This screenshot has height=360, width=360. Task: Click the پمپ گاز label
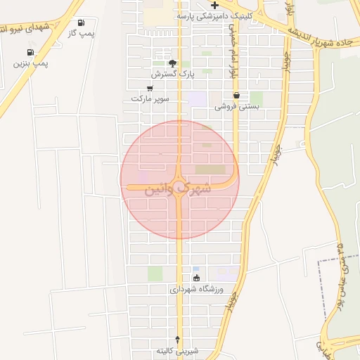[x=82, y=33]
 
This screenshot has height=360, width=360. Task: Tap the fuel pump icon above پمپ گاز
[x=82, y=22]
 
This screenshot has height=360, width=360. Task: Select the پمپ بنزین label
[x=31, y=63]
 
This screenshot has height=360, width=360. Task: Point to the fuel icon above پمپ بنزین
[x=30, y=52]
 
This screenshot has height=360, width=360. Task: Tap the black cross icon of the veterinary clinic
[x=214, y=5]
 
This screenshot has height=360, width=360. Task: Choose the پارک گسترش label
[x=172, y=73]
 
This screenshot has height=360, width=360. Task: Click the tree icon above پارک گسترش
[x=172, y=63]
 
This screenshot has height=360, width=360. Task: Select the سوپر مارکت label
[x=150, y=99]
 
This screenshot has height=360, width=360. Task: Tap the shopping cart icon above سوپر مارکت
[x=150, y=89]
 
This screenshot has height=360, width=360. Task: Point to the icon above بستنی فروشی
[x=236, y=95]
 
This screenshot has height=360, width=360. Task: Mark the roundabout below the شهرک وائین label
[x=179, y=200]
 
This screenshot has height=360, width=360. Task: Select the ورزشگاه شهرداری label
[x=195, y=288]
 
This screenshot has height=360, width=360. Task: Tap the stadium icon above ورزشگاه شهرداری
[x=195, y=278]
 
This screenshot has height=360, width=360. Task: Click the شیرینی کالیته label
[x=177, y=349]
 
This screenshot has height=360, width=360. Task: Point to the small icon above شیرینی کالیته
[x=177, y=339]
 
